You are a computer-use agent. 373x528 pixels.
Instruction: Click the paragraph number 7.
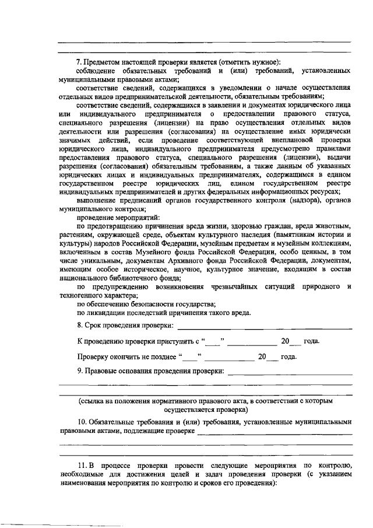(x=79, y=62)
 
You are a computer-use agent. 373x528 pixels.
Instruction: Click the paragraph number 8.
(x=79, y=325)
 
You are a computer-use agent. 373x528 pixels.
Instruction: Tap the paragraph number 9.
(x=79, y=371)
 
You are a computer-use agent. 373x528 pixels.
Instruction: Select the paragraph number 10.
(x=82, y=422)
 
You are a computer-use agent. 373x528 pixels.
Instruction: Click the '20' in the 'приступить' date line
(x=285, y=341)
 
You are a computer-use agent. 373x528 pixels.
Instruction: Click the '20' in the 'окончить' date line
(x=262, y=356)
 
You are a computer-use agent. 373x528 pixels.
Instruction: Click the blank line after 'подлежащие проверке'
(x=274, y=433)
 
